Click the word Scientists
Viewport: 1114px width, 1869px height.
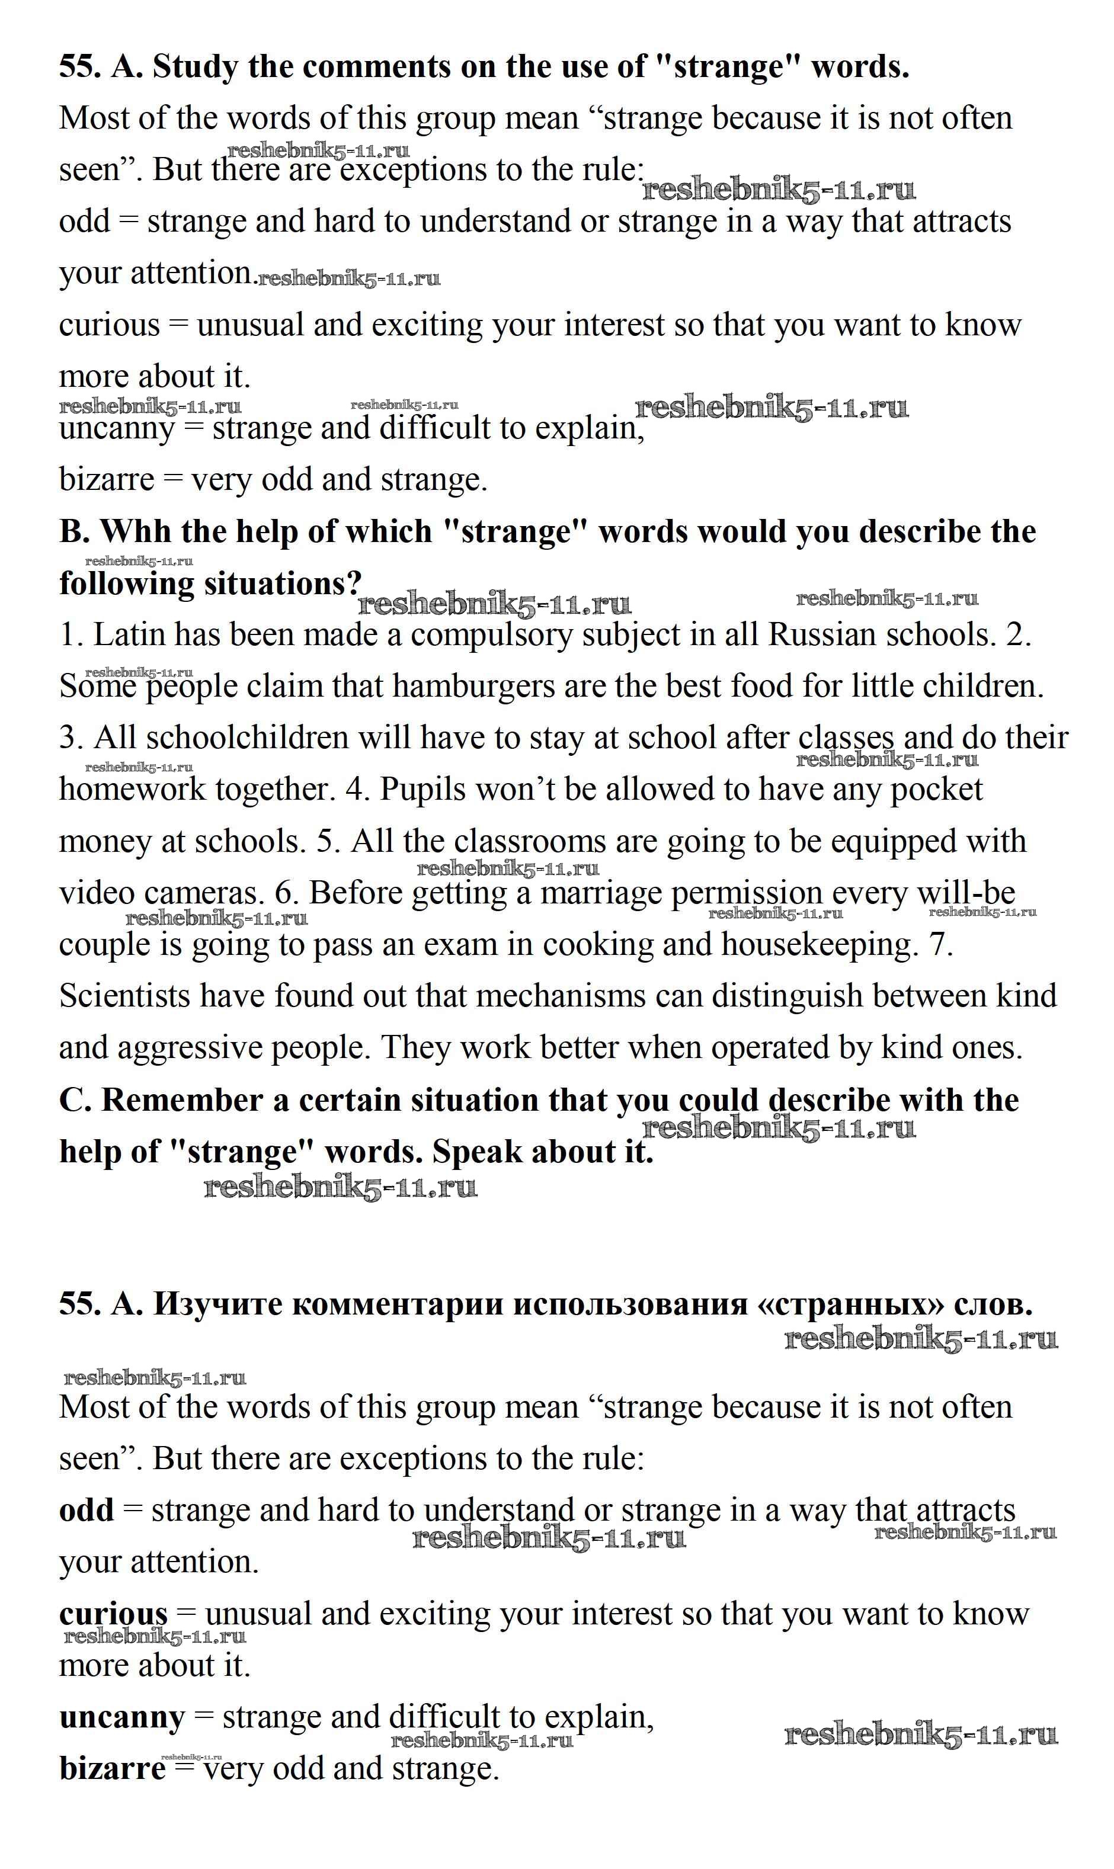tap(124, 996)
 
